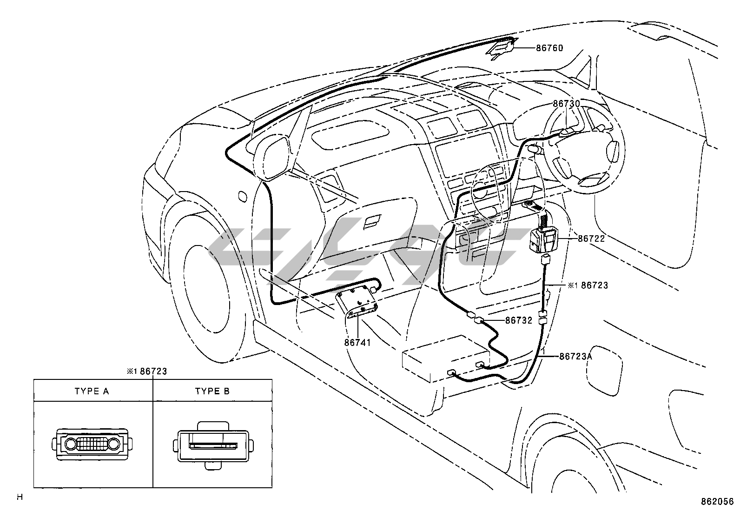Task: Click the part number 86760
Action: coord(549,48)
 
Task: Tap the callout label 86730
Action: coord(567,104)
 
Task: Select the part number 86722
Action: coord(591,239)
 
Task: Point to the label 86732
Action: coord(519,320)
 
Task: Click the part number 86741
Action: coord(357,342)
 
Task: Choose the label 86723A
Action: coord(576,356)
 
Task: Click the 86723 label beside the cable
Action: coord(595,285)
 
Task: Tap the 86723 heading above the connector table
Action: coord(153,371)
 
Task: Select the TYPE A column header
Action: coord(92,392)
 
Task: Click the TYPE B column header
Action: coord(212,392)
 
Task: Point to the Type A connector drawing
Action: coord(92,444)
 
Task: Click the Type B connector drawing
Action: coord(213,445)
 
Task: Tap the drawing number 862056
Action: coord(717,501)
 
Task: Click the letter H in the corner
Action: coord(20,497)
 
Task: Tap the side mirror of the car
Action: coord(270,158)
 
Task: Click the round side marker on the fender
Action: coord(243,197)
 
